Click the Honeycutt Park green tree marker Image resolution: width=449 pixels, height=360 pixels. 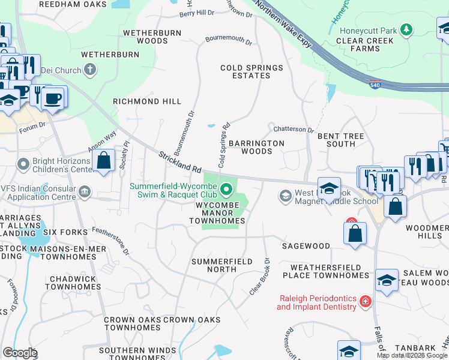tap(407, 29)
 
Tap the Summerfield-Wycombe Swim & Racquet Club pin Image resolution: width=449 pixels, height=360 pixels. tap(226, 190)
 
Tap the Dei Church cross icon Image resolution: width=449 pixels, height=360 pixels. tap(90, 70)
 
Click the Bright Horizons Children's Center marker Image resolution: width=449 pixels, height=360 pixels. tap(23, 163)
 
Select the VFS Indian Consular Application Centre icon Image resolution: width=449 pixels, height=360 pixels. tap(85, 191)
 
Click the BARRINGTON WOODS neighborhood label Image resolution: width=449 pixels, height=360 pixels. tap(256, 147)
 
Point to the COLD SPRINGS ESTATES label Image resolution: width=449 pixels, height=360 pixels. tap(252, 71)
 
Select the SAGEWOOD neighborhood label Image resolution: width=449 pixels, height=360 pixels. tap(306, 246)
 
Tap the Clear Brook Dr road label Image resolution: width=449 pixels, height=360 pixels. tap(260, 276)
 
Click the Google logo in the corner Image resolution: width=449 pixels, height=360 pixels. tap(20, 353)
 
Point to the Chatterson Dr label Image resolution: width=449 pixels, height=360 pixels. tap(294, 129)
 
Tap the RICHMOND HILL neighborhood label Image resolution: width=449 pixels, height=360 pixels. tap(147, 101)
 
